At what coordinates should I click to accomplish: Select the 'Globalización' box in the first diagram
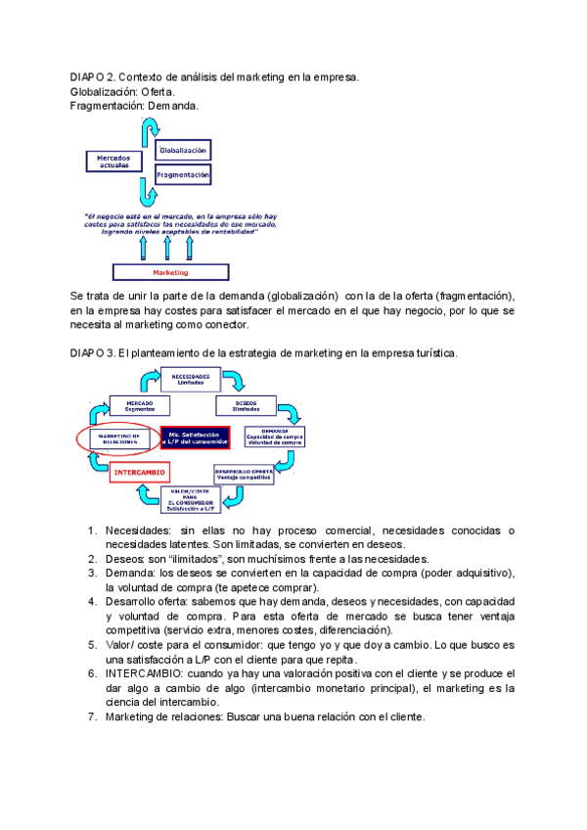tap(183, 151)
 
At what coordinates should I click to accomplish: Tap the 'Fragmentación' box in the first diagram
tap(183, 175)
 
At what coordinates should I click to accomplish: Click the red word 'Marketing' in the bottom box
tap(171, 271)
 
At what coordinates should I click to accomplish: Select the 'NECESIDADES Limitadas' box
tap(191, 379)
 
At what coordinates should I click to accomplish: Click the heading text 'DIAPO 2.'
tap(94, 76)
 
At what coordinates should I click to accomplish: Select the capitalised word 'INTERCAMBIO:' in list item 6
tap(139, 673)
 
